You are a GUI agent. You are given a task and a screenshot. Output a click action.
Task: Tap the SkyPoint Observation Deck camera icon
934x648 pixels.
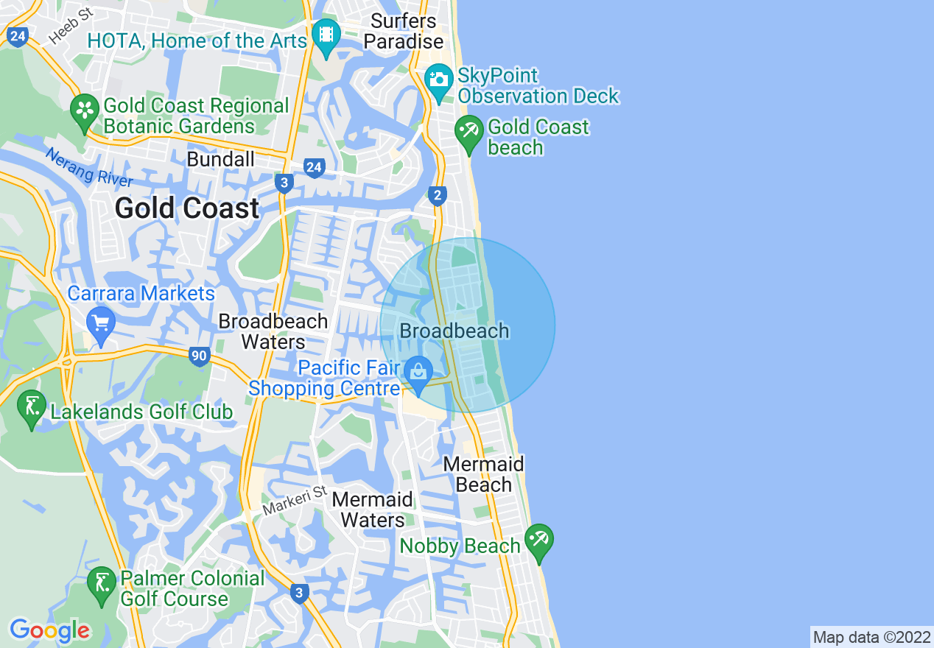(439, 78)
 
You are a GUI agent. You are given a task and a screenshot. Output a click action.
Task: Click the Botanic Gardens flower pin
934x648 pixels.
(85, 111)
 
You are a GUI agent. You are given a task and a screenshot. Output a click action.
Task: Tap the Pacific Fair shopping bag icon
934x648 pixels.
(418, 372)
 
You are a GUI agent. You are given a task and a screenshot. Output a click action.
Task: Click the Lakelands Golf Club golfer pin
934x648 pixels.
(32, 406)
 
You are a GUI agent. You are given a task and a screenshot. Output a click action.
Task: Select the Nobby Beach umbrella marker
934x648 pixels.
(538, 540)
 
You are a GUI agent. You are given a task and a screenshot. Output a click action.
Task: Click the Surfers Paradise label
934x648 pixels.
(404, 31)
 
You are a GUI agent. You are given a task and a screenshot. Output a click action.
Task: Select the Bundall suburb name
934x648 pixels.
(220, 159)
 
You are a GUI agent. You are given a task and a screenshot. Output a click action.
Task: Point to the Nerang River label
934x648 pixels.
(88, 167)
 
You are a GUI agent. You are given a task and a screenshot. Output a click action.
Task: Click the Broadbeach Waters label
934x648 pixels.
(273, 331)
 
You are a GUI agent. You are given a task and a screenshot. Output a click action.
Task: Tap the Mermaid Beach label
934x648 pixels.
(483, 474)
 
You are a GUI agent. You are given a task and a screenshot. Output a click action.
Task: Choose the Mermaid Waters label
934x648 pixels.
(372, 510)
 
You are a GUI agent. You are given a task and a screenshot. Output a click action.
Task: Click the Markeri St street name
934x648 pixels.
(294, 500)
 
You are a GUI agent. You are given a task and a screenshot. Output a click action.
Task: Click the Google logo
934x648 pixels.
(49, 631)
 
